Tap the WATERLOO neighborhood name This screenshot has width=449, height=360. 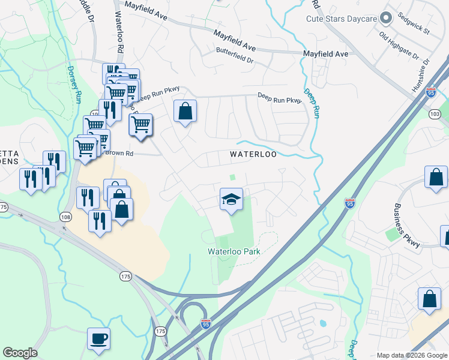(x=253, y=154)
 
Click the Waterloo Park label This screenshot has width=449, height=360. (x=234, y=251)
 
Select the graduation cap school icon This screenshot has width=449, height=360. (x=231, y=199)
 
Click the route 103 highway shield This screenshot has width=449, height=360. (x=435, y=113)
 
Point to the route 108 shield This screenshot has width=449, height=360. (x=65, y=216)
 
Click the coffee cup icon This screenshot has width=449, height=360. (x=98, y=338)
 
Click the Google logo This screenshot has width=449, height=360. (x=20, y=353)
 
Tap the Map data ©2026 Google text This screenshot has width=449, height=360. (x=412, y=355)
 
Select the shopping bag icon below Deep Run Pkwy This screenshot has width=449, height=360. (x=185, y=111)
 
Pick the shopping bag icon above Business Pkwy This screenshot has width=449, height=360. (x=436, y=177)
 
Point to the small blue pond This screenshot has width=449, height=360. (x=324, y=323)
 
